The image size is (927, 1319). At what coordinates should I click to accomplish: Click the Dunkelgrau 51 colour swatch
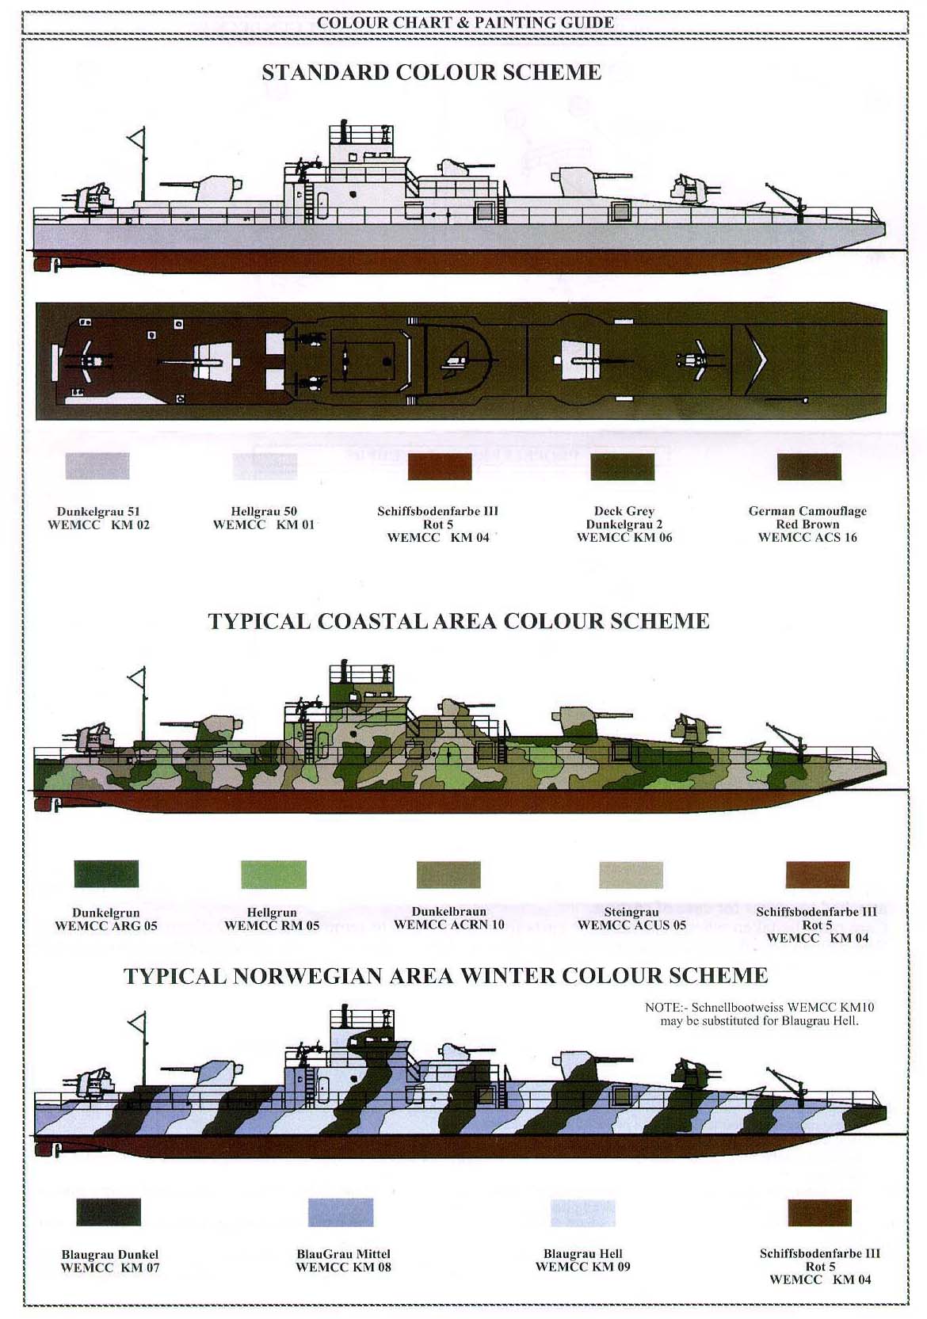click(97, 467)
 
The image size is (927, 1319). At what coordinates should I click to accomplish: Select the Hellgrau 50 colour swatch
click(265, 467)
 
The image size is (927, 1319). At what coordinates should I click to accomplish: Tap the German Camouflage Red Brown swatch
click(809, 467)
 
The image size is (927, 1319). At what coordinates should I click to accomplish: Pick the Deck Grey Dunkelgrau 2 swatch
click(623, 467)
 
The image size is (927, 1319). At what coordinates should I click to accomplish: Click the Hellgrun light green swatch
click(274, 875)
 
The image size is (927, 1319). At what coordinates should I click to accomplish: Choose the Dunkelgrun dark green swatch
click(107, 874)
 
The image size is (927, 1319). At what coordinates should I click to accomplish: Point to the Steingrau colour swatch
click(631, 875)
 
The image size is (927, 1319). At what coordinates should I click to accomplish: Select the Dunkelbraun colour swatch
click(448, 875)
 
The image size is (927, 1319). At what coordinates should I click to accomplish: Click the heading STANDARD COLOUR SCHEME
click(432, 72)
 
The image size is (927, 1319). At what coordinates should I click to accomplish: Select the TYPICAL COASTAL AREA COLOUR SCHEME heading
click(459, 621)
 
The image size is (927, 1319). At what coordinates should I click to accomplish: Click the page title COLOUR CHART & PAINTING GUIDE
click(465, 23)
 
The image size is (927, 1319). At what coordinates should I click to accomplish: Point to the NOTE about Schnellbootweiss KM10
click(759, 1014)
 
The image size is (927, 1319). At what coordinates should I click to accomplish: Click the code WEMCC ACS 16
click(807, 537)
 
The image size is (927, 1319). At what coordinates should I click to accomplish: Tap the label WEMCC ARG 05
click(106, 925)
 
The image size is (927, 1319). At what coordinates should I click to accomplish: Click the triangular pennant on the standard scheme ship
click(136, 139)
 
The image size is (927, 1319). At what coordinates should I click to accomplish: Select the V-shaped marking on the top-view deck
click(758, 360)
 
